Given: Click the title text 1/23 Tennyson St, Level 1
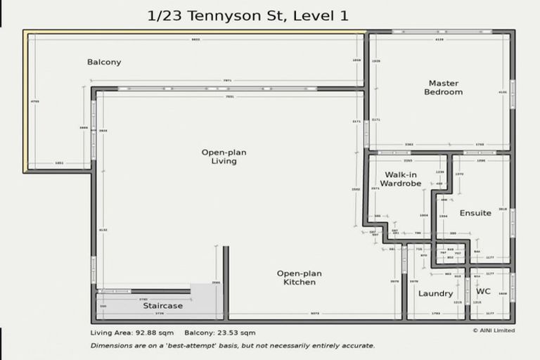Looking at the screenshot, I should pyautogui.click(x=248, y=15).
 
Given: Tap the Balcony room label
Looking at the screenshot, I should pyautogui.click(x=104, y=62).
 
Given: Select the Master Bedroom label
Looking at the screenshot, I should pyautogui.click(x=444, y=87).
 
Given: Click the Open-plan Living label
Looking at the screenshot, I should pyautogui.click(x=224, y=156).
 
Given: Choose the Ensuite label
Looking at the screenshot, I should pyautogui.click(x=475, y=213).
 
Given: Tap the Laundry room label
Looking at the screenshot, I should pyautogui.click(x=435, y=293).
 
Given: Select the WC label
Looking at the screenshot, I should pyautogui.click(x=483, y=291).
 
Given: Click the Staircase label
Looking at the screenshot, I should pyautogui.click(x=162, y=306).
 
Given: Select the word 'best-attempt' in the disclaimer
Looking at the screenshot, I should pyautogui.click(x=186, y=345).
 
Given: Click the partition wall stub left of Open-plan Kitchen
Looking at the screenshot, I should pyautogui.click(x=226, y=281).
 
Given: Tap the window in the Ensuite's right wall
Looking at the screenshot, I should pyautogui.click(x=513, y=223).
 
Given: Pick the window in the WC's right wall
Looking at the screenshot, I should pyautogui.click(x=513, y=288).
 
